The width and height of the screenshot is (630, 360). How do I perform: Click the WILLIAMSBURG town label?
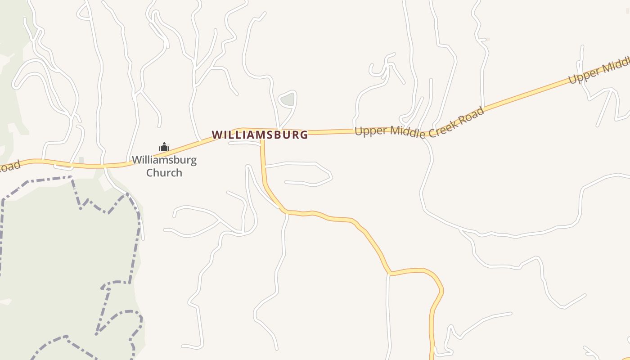(260, 135)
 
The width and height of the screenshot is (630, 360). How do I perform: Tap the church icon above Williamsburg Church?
(164, 147)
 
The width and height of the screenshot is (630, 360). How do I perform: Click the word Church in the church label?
(164, 173)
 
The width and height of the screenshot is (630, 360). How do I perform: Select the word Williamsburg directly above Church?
(164, 160)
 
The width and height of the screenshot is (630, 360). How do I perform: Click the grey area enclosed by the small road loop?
(287, 99)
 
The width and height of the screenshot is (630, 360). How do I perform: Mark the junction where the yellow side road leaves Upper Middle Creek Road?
(262, 132)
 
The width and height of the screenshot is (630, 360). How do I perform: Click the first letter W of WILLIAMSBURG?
(216, 135)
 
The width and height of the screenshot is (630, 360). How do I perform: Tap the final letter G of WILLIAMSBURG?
(304, 135)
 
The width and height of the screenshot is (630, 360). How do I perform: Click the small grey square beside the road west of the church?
(81, 160)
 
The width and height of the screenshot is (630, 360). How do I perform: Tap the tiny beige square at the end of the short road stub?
(487, 39)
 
